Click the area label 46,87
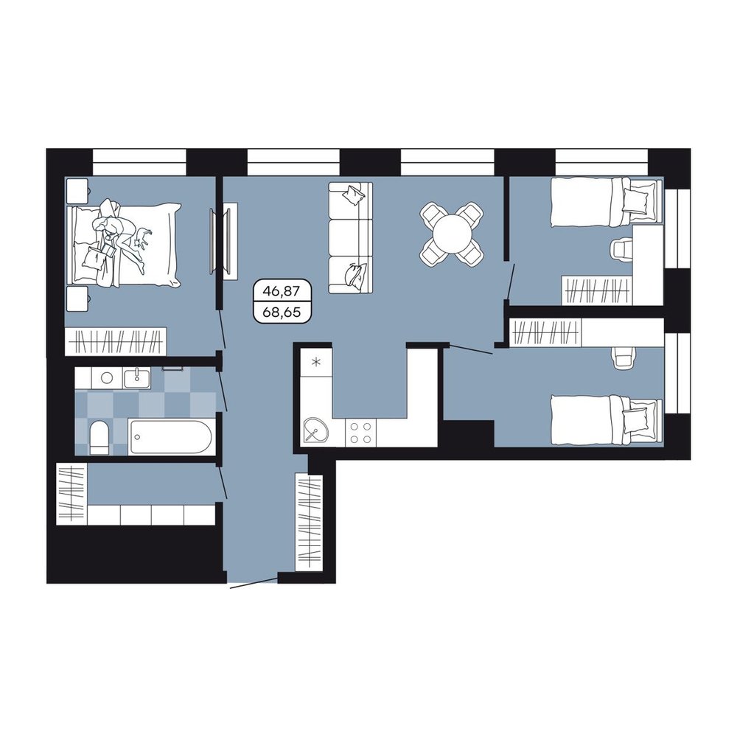coord(281,291)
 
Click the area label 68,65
coord(282,312)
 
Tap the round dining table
coord(452,233)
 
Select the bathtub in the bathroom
coord(171,437)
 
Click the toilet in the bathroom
coord(99,438)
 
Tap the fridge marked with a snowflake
coord(317,362)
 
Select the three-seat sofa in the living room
coord(350,238)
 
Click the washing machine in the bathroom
coord(107,378)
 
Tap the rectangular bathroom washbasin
coord(137,378)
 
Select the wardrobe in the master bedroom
coord(116,341)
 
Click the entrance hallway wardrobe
coord(310,523)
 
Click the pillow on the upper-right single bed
coord(639,197)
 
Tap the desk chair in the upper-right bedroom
coord(622,248)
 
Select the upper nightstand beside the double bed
coord(77,191)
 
